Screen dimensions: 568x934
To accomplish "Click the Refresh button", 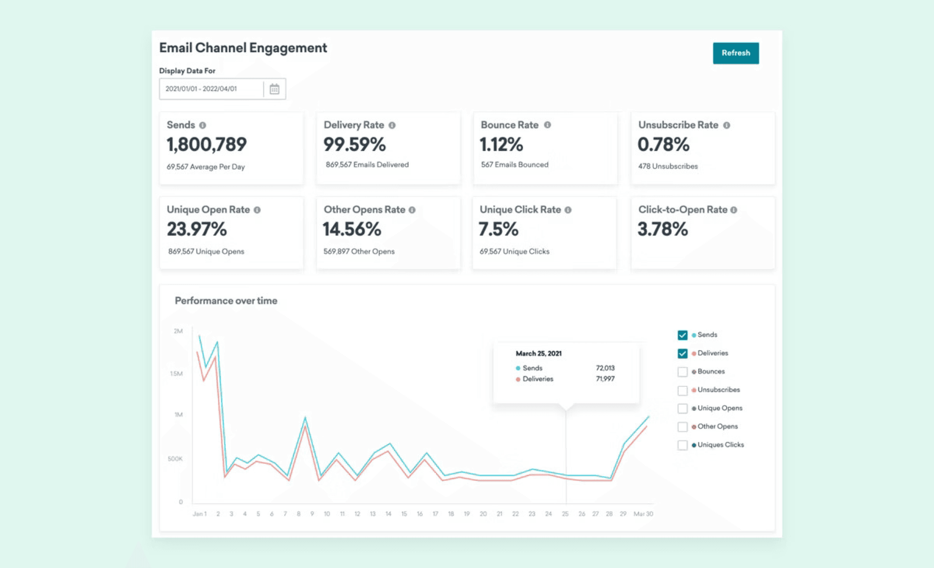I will [736, 53].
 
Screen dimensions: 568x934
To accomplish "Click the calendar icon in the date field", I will [274, 89].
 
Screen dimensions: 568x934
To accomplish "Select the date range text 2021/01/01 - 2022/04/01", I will [201, 89].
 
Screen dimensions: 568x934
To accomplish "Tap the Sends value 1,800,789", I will [207, 144].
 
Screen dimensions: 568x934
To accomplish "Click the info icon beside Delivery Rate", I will [392, 125].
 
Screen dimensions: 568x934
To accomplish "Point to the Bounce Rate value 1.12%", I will [502, 144].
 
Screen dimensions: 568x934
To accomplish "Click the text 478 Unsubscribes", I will [668, 166].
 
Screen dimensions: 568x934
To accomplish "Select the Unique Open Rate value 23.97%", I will [197, 229].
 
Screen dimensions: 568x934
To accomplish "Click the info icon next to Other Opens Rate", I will [412, 210].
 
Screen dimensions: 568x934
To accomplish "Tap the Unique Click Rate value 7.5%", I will [499, 229].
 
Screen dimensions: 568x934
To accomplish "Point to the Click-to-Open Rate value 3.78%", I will [663, 229].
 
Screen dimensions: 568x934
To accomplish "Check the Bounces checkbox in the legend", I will [683, 372].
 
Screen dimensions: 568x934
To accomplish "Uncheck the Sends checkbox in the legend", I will [683, 335].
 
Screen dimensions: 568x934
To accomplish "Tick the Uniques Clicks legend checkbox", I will [683, 445].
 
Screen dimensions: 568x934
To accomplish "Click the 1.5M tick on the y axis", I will [176, 373].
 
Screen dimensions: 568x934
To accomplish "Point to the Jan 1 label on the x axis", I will [199, 514].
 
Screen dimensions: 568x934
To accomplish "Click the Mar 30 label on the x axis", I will [643, 514].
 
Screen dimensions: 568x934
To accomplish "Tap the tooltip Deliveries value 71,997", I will [605, 379].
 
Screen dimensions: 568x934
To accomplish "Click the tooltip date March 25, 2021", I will [539, 354].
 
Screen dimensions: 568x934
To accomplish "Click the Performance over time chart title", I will [226, 301].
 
